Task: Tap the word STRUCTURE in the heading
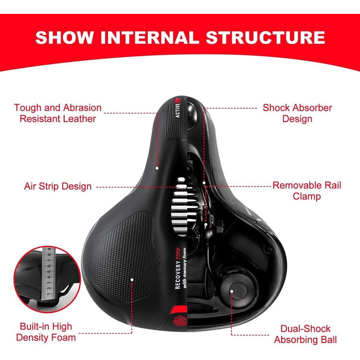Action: [265, 38]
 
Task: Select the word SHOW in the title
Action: [64, 38]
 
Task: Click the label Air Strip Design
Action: [58, 186]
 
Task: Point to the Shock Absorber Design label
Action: [297, 113]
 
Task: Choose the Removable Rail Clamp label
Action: [307, 191]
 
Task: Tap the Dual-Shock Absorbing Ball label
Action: [305, 334]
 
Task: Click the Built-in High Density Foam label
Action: [46, 332]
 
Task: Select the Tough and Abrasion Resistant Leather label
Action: [58, 113]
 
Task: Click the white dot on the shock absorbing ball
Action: [232, 292]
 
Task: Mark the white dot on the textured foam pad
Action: [132, 280]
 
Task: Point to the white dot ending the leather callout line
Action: [157, 168]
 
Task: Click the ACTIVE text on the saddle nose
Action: [177, 111]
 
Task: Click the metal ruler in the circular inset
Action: [48, 274]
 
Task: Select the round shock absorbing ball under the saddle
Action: [237, 287]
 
